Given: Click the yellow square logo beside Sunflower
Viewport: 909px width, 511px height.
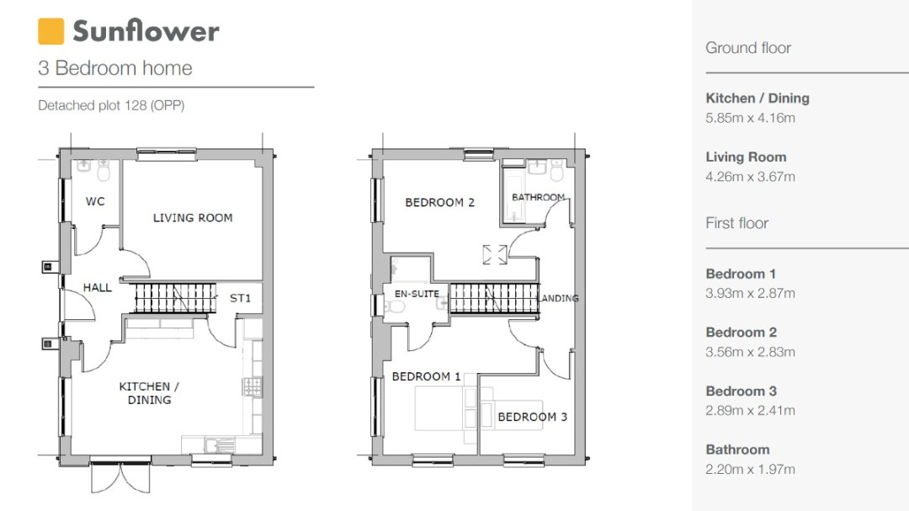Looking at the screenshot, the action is tap(51, 31).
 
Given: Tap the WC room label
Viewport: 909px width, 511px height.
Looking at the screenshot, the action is tap(95, 202).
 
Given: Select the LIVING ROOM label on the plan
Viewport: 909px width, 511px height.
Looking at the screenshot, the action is tap(193, 218).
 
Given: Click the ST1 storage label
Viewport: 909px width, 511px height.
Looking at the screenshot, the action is tap(240, 298).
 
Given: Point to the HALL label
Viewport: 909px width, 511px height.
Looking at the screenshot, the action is tap(98, 288).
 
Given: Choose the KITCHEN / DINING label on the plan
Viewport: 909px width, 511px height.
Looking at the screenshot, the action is tap(149, 393).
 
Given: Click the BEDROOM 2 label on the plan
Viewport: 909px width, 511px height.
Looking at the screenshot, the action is tap(439, 202).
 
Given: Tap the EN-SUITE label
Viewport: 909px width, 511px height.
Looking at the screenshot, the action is tap(417, 294).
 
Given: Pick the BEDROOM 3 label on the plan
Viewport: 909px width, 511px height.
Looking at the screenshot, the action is tap(532, 417).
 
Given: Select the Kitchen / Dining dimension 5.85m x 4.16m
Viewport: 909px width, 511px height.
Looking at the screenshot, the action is tap(750, 119).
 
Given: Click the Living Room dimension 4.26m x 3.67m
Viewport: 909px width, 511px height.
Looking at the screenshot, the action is tap(750, 177).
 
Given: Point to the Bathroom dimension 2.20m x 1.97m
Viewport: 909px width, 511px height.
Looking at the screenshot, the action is tap(750, 469).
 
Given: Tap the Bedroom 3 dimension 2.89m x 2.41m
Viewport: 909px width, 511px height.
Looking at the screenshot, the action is tap(750, 411).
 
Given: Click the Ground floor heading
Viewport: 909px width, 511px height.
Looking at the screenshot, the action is tap(748, 48).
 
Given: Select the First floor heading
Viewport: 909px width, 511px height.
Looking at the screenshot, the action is tap(736, 223).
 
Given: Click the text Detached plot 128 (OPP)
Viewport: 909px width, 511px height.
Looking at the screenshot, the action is tap(111, 105).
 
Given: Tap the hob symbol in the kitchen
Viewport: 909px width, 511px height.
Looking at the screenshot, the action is tap(252, 387).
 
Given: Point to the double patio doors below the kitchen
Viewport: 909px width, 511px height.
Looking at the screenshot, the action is tap(120, 476).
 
